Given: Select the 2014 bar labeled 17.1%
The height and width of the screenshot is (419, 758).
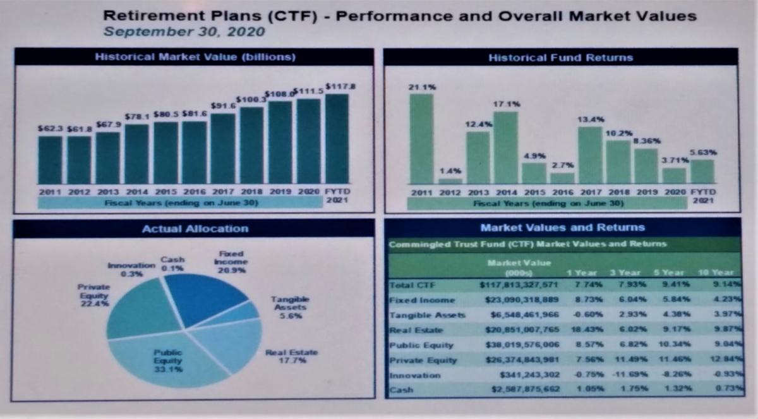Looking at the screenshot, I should click(505, 147).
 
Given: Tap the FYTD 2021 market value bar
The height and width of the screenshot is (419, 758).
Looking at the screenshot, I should click(337, 139).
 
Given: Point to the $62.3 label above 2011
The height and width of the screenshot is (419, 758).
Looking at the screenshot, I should click(49, 128).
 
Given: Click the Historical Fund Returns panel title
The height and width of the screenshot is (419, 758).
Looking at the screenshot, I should click(560, 58).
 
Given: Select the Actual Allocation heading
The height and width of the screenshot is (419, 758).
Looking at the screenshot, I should click(195, 228).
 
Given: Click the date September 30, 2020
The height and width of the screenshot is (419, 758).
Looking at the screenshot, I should click(184, 31).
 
